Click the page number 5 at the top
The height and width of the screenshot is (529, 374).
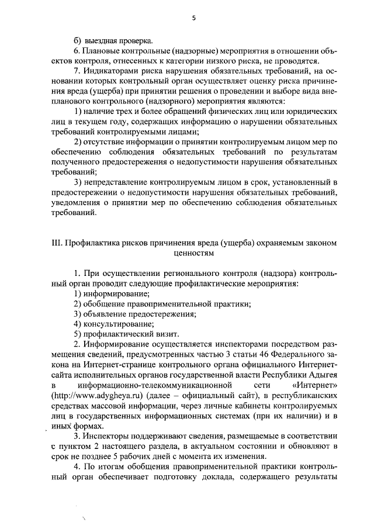pos(193,18)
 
